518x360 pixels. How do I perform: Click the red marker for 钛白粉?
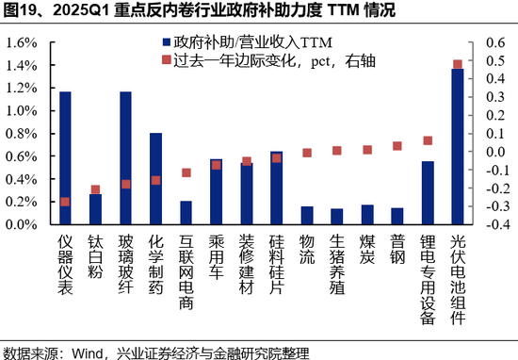95,189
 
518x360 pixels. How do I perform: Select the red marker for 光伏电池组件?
458,64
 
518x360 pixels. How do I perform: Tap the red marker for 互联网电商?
186,172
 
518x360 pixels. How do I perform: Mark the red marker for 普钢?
397,146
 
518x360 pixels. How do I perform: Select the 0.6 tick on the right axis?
494,42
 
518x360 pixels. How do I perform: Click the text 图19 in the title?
21,12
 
